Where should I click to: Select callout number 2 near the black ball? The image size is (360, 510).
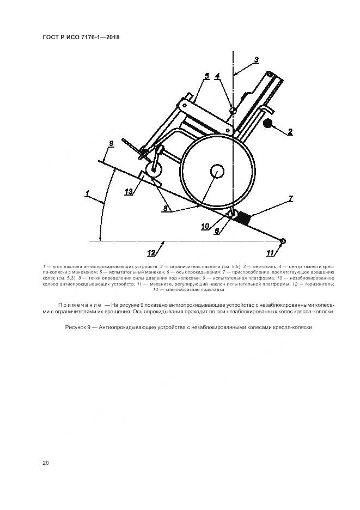click(290, 131)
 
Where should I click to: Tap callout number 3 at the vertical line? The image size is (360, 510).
click(257, 59)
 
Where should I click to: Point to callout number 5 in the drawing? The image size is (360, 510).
click(206, 77)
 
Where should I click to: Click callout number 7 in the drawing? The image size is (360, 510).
click(291, 199)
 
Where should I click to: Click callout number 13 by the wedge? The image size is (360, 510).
click(129, 191)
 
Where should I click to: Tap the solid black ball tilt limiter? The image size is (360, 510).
click(269, 124)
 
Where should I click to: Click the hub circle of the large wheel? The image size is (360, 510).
click(216, 171)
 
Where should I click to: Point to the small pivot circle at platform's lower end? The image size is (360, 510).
click(283, 241)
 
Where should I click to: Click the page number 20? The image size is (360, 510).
click(46, 463)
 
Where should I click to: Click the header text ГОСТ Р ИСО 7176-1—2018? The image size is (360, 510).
click(81, 38)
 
